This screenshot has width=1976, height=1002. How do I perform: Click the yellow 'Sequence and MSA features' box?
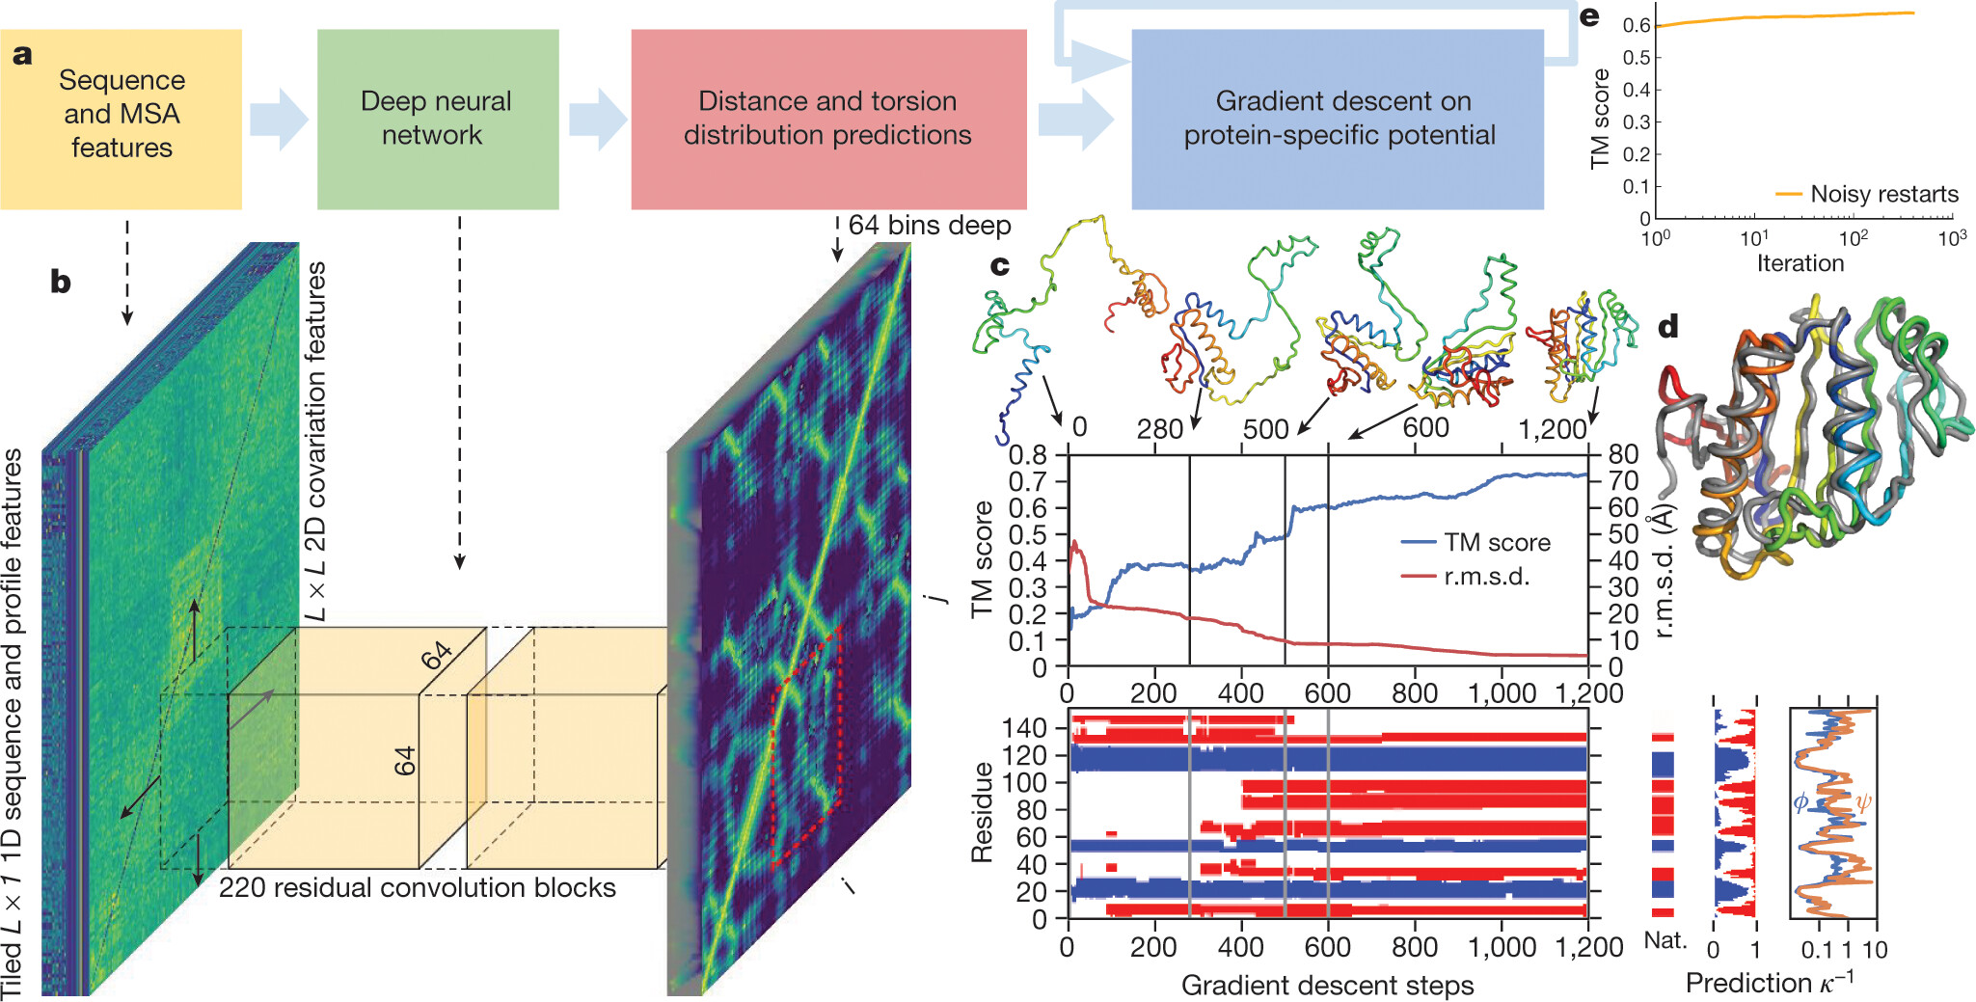tap(121, 119)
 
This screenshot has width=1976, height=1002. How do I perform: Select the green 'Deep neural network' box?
tap(438, 119)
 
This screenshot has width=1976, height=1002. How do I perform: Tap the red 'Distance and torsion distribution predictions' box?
tap(828, 119)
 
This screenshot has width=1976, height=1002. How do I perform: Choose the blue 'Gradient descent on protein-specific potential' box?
tap(1338, 119)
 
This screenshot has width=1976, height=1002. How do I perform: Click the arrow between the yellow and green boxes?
tap(279, 119)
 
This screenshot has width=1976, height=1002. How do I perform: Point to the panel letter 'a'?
tap(22, 55)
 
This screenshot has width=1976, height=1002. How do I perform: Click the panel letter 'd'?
tap(1667, 327)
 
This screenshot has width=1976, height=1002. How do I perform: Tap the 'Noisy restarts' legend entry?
tap(1883, 194)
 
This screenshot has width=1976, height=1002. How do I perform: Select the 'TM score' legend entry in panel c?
tap(1496, 543)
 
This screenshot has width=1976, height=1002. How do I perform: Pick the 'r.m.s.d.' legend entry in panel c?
tap(1486, 577)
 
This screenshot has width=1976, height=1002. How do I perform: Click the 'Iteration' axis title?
tap(1800, 263)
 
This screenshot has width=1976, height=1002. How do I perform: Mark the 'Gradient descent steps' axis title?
tap(1327, 985)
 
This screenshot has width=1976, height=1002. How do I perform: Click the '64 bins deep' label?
tap(929, 226)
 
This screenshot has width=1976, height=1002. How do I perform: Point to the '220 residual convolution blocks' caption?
tap(417, 887)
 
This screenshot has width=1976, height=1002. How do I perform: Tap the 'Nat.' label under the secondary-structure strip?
tap(1665, 940)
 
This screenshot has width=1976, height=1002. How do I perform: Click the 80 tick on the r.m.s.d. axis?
tap(1623, 453)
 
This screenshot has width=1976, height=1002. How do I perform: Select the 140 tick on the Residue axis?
tap(1024, 728)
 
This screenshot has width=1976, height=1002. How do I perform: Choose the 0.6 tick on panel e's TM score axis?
tap(1637, 25)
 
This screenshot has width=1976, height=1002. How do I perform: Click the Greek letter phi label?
tap(1800, 801)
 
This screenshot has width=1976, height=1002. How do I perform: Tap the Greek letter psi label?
tap(1863, 801)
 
